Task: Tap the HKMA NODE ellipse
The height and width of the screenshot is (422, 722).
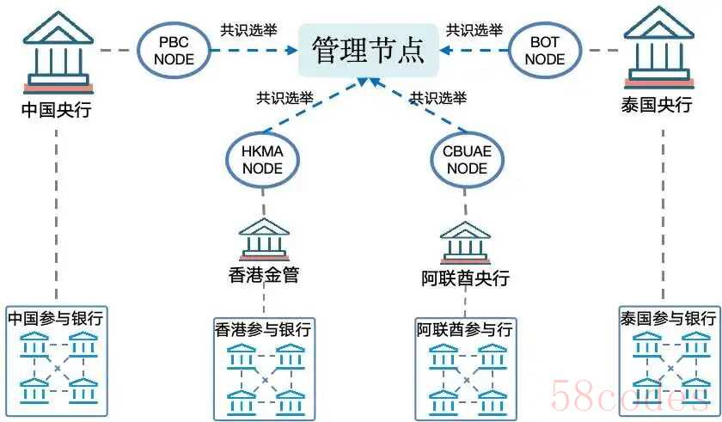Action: (262, 159)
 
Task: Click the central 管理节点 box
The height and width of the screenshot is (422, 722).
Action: (368, 50)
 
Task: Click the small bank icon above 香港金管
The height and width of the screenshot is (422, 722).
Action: (264, 239)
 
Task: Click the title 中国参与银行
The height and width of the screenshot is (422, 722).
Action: (56, 318)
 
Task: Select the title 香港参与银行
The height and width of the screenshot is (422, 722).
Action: (263, 330)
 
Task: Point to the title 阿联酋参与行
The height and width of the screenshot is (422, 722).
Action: (465, 330)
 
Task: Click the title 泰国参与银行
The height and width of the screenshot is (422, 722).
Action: (668, 318)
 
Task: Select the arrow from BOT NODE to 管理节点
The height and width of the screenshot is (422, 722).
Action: (473, 50)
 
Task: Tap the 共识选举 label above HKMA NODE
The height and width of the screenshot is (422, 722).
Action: (285, 98)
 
